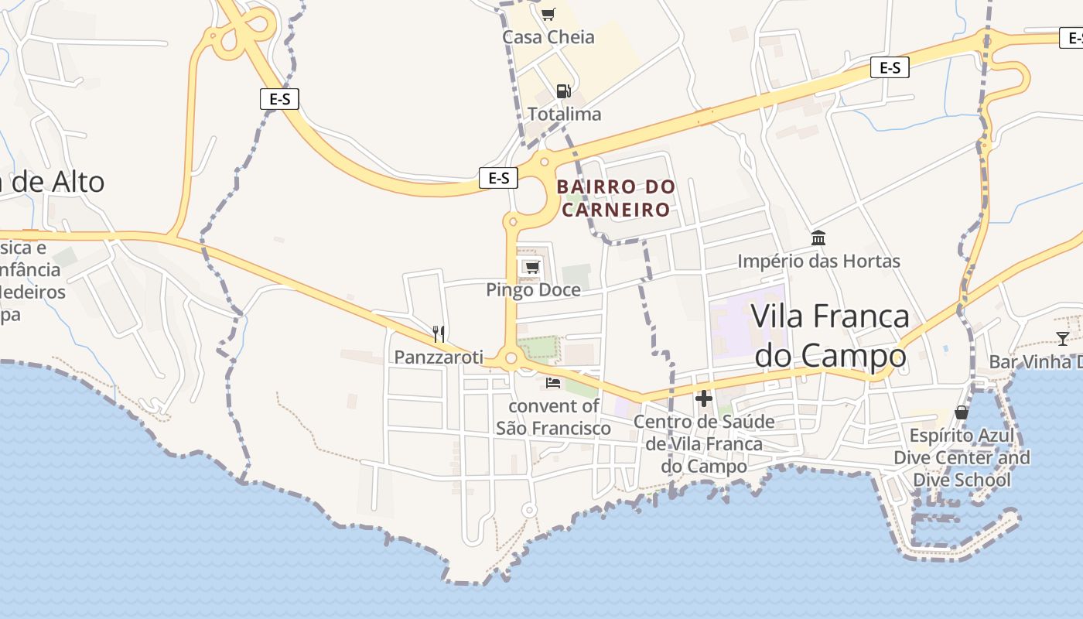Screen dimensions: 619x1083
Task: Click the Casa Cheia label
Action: (548, 37)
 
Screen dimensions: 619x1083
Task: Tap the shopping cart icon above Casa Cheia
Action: (548, 13)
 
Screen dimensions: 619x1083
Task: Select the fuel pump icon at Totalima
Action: (564, 91)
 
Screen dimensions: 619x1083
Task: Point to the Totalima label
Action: (564, 115)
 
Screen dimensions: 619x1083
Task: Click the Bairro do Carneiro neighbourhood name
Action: (616, 198)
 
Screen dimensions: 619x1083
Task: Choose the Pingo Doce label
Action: (533, 290)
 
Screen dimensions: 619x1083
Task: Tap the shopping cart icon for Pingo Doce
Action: (531, 268)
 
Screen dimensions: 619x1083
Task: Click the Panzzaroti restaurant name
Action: (439, 357)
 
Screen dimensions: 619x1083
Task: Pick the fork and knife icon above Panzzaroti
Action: (439, 334)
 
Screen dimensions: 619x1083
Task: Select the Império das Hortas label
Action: (818, 262)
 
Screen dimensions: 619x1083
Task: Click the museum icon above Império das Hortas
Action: (818, 238)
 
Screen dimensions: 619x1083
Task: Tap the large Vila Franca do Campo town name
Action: (830, 336)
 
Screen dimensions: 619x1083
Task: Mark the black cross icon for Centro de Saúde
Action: (704, 398)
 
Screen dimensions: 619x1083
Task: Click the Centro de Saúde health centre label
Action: (704, 444)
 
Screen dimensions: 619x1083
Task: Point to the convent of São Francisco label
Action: (553, 417)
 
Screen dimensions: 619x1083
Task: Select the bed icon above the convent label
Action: (553, 382)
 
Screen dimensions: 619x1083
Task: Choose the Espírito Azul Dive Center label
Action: (962, 457)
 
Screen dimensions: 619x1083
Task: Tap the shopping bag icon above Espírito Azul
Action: (962, 412)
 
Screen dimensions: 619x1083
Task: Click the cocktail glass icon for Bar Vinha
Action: (1063, 338)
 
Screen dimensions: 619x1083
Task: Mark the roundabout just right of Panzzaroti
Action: (511, 358)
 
